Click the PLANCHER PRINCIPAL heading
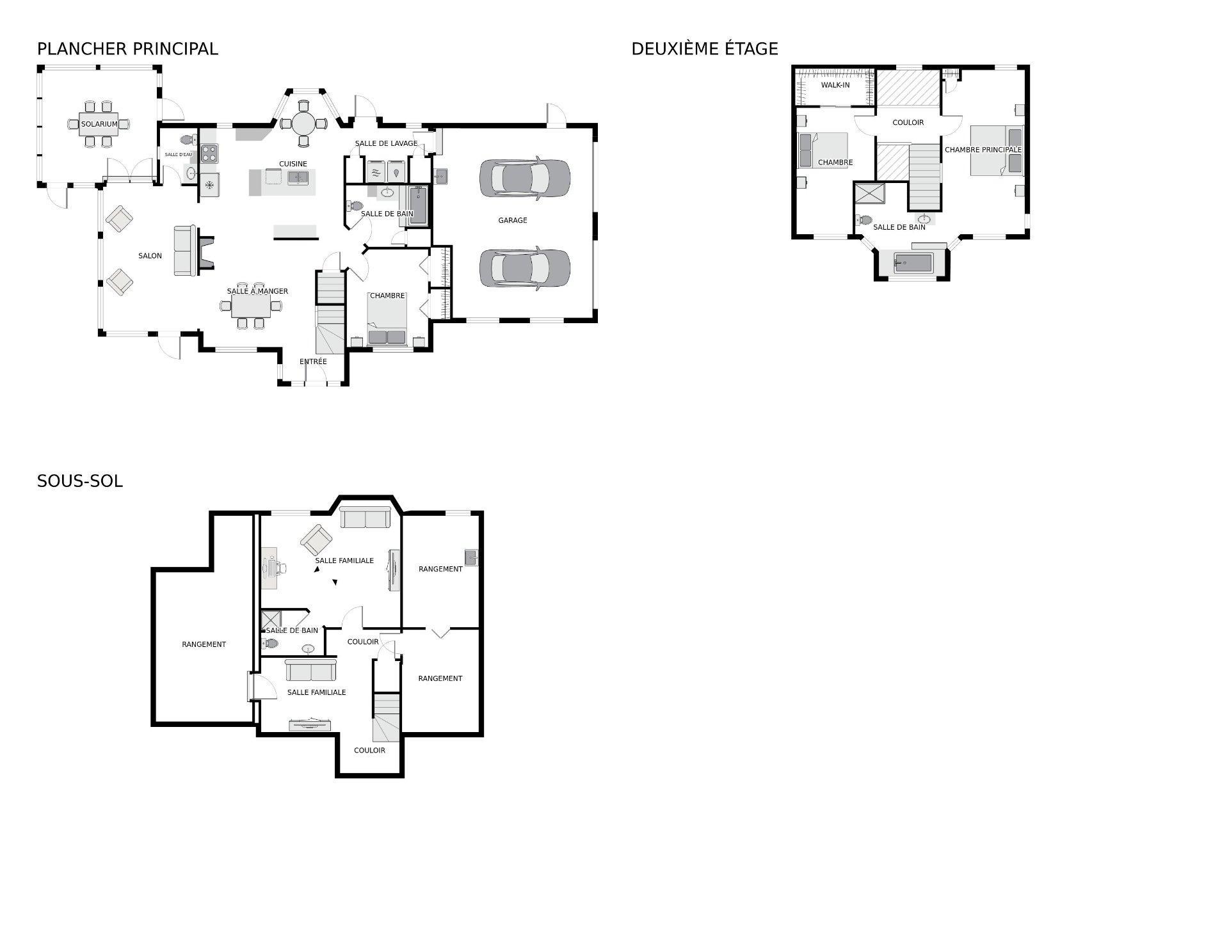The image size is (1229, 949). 127,49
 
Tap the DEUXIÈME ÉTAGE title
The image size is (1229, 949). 704,49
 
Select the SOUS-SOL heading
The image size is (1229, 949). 79,481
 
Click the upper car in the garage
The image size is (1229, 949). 524,179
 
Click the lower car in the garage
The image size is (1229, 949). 524,268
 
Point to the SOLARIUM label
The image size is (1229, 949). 99,124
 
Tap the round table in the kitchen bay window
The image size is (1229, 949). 304,122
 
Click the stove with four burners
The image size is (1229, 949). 209,153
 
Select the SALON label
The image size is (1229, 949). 150,256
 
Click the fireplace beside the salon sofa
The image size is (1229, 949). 206,251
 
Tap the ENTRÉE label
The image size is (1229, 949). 313,362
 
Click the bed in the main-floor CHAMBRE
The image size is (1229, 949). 387,320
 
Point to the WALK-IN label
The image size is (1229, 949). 835,85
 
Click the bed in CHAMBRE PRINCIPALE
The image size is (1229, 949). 995,150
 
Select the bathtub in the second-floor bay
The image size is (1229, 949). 913,262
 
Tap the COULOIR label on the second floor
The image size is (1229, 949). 908,122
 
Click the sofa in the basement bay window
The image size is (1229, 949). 365,517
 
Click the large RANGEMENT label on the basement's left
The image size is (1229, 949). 204,644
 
